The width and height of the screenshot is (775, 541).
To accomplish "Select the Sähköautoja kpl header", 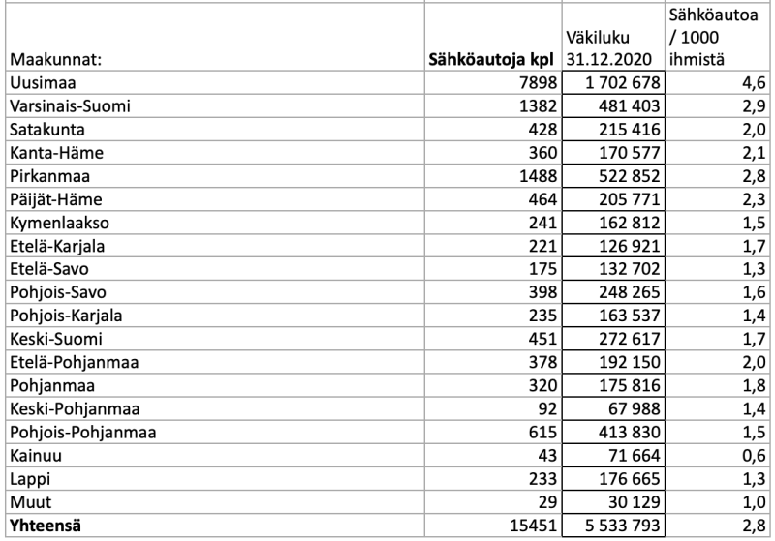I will pos(490,60).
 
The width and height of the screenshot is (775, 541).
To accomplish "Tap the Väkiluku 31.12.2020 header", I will pos(612,49).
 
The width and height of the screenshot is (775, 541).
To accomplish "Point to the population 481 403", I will pos(620,105).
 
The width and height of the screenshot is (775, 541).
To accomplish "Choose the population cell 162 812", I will pos(620,223).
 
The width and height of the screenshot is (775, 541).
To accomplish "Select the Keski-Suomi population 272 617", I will pos(620,339).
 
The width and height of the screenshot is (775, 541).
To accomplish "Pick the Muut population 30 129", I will pos(626,501).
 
